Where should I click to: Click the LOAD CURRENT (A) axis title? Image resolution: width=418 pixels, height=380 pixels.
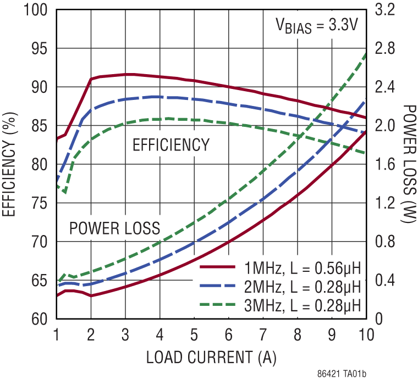211,357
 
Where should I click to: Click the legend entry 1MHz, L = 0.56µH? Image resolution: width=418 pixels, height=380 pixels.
302,269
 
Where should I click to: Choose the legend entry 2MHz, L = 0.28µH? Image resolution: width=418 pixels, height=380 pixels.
302,287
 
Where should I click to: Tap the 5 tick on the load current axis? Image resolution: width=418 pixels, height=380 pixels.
194,334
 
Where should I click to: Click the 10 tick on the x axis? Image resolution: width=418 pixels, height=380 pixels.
366,334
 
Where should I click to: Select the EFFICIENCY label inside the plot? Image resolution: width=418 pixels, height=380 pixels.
171,145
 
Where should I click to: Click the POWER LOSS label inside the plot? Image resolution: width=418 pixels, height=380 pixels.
114,228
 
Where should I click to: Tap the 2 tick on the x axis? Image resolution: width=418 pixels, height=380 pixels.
91,334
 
